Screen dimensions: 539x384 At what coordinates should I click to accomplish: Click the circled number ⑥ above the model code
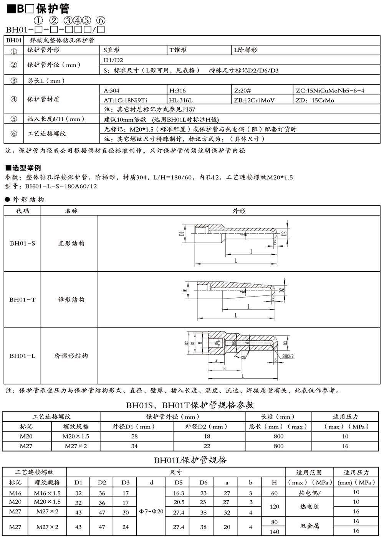tap(100, 21)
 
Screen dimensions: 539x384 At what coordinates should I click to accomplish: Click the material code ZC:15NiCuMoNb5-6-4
tap(330, 91)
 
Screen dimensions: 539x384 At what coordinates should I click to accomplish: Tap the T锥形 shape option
tap(178, 50)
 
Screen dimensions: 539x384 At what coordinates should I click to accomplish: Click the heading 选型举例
tap(26, 168)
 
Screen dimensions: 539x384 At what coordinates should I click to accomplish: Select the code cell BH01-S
tap(22, 243)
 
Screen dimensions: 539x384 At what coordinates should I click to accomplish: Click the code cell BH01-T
tap(22, 300)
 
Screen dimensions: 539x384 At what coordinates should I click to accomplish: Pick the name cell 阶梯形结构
tap(71, 356)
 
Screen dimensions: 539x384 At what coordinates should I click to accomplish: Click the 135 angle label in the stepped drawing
tap(243, 358)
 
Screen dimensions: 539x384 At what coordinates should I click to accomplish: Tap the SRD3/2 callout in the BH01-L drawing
tap(288, 356)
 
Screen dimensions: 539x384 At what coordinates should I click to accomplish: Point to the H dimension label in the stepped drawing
tap(224, 368)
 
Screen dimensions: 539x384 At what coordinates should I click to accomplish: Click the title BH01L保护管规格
tap(190, 460)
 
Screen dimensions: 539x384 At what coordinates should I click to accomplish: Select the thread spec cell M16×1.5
tap(47, 493)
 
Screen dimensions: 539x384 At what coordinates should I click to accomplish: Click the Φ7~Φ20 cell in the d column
tap(151, 511)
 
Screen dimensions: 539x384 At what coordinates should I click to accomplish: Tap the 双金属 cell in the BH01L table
tap(310, 526)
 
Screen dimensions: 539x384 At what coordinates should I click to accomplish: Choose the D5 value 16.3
tap(179, 493)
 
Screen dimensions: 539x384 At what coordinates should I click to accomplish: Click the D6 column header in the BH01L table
tap(203, 482)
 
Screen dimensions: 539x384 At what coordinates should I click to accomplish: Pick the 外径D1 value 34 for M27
tap(134, 446)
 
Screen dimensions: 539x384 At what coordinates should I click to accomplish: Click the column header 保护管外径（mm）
tap(173, 417)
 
